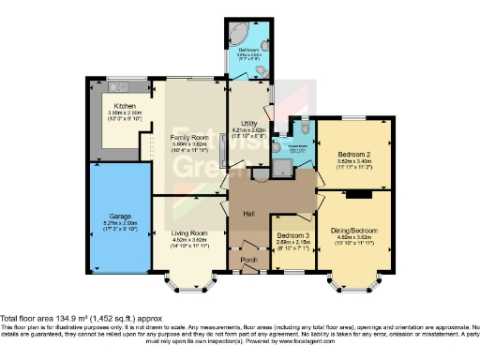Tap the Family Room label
point(187,136)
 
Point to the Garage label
point(118,216)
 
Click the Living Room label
point(188,233)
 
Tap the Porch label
point(248,260)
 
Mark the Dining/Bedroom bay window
point(352,279)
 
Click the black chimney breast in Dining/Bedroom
point(355,195)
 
